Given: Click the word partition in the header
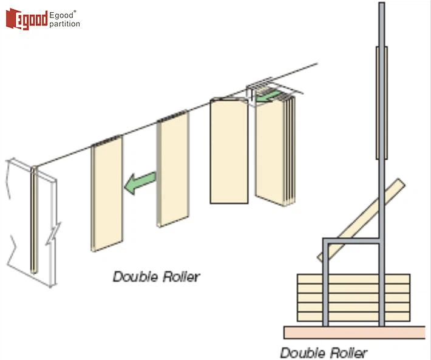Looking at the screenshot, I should point(64,24).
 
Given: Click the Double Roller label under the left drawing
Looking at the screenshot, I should point(156,277).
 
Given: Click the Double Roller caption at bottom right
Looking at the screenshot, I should point(323,352).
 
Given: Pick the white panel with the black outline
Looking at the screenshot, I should point(228,152).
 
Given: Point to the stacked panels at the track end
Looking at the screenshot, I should point(276,152).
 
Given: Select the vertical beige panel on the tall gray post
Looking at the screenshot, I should point(381,103).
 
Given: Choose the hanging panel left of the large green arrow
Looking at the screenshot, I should point(107,191).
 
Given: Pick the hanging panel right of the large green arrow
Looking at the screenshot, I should point(173,170).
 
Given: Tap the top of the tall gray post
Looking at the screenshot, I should point(381,6).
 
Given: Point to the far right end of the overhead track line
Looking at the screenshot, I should point(316,64).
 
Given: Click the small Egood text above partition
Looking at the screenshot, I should point(62,13).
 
